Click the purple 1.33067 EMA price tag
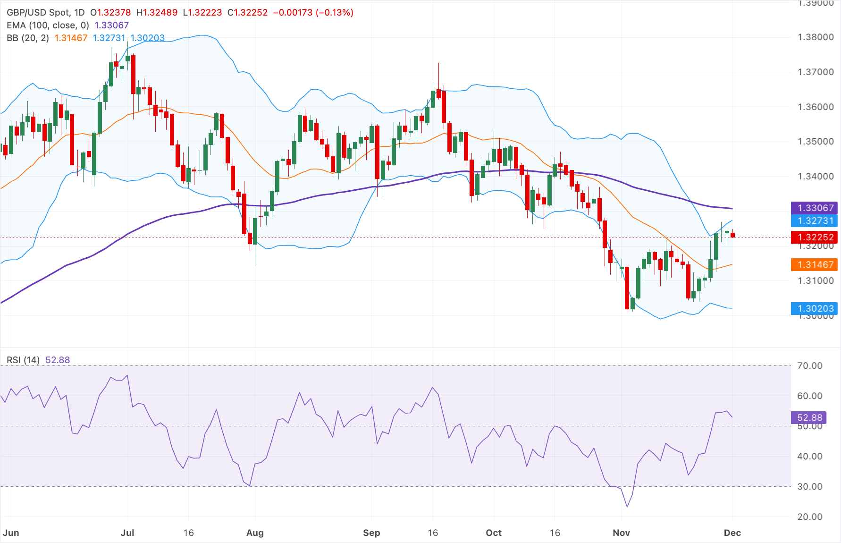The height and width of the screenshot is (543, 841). pos(814,208)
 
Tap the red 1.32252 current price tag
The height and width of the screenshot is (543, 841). pos(814,237)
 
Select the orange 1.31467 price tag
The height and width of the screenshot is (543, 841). pos(814,264)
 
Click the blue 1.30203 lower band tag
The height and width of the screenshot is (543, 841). pos(814,308)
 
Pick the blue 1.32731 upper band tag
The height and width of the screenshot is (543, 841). pos(814,221)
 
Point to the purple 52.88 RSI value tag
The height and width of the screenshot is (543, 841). pos(809,417)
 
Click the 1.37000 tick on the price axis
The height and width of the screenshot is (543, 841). pos(816,72)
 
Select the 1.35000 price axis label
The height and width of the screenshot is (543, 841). pos(816,141)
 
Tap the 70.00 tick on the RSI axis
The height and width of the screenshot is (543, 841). pos(809,365)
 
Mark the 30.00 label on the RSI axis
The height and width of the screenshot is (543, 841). pos(809,486)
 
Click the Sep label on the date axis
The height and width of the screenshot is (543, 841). pos(371,533)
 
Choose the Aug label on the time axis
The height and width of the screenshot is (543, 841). pos(255,533)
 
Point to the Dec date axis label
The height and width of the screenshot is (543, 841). pos(732,533)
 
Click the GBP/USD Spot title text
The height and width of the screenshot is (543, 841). pos(45,12)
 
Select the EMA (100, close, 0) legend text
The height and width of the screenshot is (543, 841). pos(48,25)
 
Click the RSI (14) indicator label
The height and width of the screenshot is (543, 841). pos(23,360)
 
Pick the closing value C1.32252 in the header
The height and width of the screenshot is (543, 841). pos(247,12)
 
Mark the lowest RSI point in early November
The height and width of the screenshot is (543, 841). pos(627,507)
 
